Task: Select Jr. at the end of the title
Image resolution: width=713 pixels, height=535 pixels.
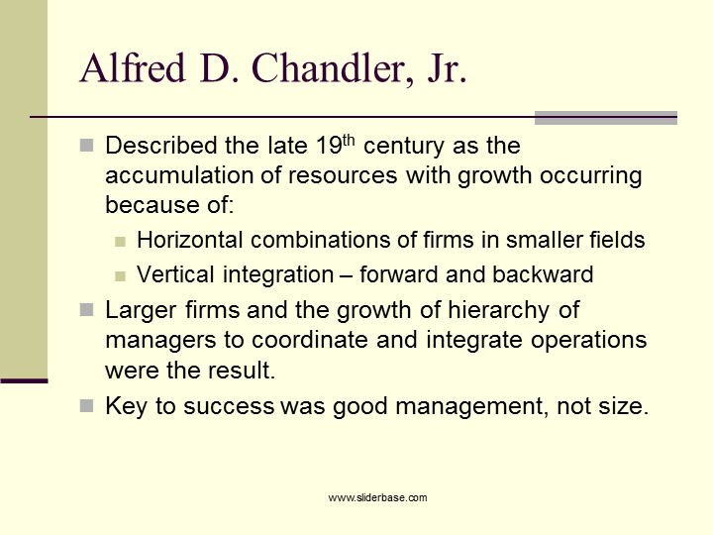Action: [x=446, y=68]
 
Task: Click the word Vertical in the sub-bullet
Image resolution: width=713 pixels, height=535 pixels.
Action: [x=170, y=274]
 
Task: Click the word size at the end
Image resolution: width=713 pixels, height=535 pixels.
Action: [x=621, y=406]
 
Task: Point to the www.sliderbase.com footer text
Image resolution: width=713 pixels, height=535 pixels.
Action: [x=377, y=497]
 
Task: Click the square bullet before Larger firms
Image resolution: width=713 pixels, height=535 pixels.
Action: [x=86, y=310]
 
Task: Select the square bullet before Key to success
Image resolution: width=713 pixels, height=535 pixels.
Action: [x=86, y=405]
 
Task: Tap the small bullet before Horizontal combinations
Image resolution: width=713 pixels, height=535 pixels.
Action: [x=120, y=241]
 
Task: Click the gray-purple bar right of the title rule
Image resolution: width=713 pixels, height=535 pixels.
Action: [x=605, y=118]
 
